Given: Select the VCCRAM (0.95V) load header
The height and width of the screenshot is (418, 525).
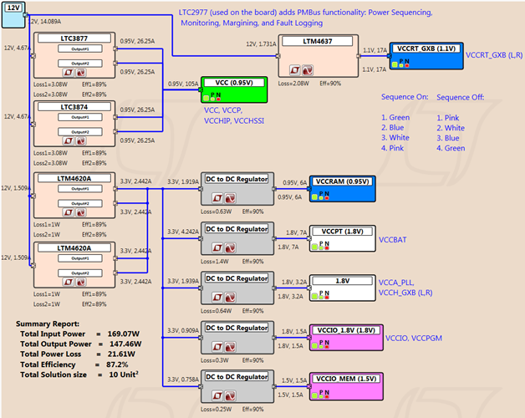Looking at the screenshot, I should point(344,181).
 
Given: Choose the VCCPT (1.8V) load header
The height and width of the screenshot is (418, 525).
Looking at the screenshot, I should point(344,230).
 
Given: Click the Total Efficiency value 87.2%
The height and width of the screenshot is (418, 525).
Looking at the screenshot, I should point(118,364).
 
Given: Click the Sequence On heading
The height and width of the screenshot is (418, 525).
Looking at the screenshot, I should point(405,97).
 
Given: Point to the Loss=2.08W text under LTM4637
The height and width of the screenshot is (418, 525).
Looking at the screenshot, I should point(297,84).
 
